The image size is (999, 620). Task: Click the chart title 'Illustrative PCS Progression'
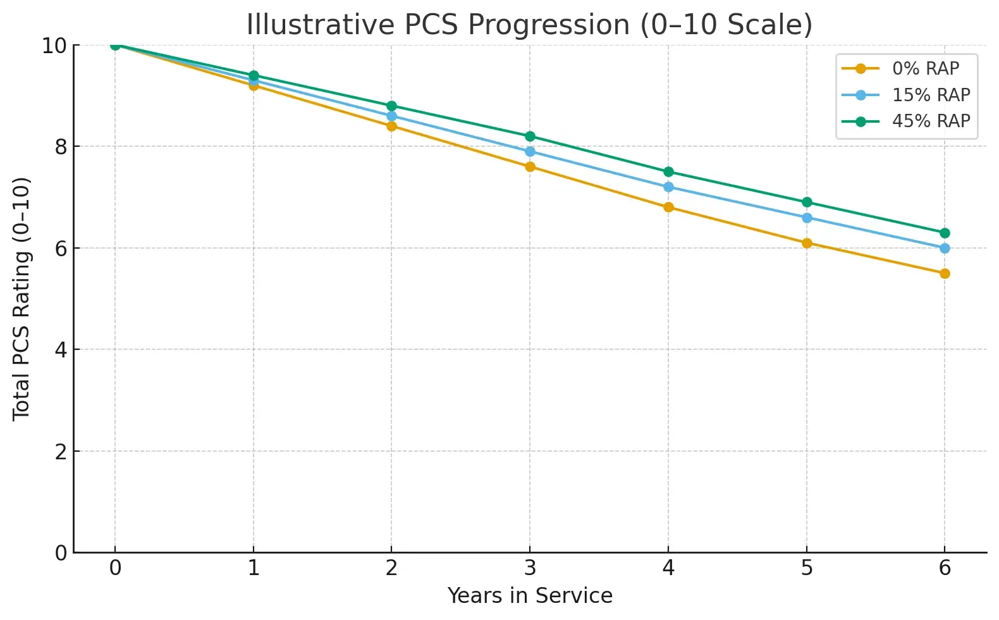pos(529,25)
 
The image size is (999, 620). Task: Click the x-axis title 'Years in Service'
pos(530,596)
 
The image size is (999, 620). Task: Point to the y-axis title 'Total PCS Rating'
pos(21,299)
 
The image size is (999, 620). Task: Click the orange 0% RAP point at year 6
pos(945,273)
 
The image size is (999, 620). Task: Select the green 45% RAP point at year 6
pos(945,233)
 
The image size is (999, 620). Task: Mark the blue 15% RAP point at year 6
pos(945,248)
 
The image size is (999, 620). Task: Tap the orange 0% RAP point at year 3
pos(530,167)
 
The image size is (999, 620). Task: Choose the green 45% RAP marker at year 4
pos(668,172)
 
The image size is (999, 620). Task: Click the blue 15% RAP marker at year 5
pos(807,218)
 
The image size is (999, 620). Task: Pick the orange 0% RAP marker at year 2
pos(391,126)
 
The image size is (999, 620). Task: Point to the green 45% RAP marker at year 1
pos(254,75)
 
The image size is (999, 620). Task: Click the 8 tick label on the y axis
pos(61,147)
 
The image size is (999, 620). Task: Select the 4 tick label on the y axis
pos(61,350)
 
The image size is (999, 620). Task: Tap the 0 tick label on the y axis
pos(61,553)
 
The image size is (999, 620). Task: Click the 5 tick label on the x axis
pos(807,568)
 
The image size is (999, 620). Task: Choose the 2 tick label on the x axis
pos(391,568)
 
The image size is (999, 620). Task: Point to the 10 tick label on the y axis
pos(54,46)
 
